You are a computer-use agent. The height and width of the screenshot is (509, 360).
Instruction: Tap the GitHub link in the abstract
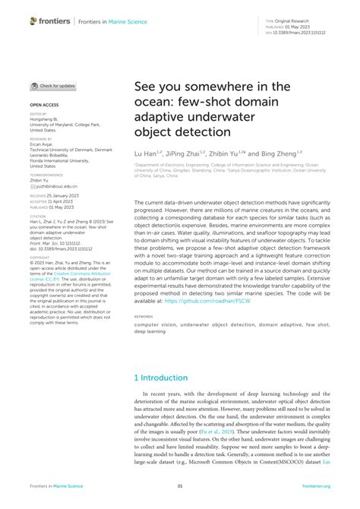point(208,302)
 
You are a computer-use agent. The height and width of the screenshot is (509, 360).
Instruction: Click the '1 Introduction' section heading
point(160,378)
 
